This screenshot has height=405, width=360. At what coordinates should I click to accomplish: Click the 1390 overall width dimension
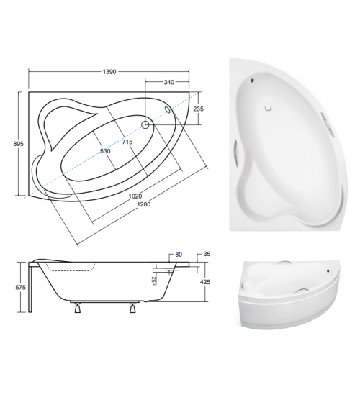[x=109, y=73]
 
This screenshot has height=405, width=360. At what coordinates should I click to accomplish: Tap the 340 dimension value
[x=168, y=83]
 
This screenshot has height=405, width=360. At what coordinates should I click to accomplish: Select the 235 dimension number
[x=199, y=109]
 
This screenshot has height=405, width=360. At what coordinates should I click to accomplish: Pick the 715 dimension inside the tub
[x=127, y=142]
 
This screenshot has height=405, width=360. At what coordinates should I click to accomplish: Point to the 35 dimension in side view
[x=207, y=254]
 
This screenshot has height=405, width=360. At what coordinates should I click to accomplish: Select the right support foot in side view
[x=132, y=311]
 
